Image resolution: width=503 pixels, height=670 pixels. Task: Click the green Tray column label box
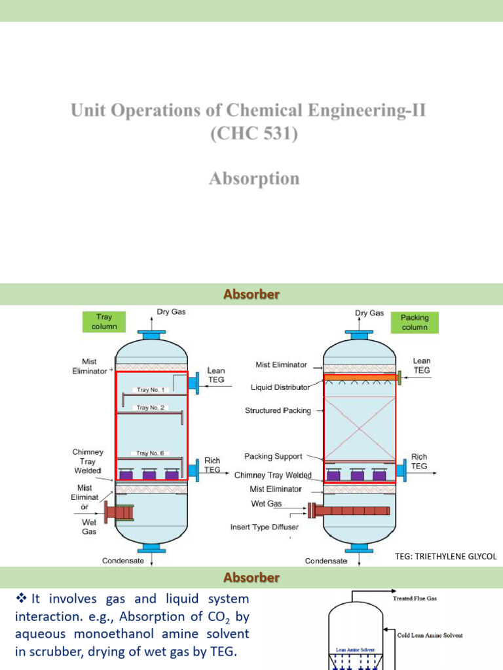100,322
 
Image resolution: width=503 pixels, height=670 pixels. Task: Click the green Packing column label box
414,322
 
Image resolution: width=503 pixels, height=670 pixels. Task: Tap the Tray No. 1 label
151,390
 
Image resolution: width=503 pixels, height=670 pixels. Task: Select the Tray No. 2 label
151,408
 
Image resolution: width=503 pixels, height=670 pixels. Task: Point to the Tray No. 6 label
151,453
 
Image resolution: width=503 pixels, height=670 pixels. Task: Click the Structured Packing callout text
278,411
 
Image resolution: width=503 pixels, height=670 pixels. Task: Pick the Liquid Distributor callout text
280,387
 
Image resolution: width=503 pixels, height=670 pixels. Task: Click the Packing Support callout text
273,456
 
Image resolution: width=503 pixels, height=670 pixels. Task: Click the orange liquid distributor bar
360,378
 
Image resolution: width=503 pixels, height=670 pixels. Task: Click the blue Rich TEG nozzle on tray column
193,470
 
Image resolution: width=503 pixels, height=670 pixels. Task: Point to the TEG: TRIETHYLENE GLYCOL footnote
446,556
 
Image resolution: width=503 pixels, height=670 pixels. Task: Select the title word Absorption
254,178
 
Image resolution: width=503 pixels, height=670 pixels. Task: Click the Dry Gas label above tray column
171,312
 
